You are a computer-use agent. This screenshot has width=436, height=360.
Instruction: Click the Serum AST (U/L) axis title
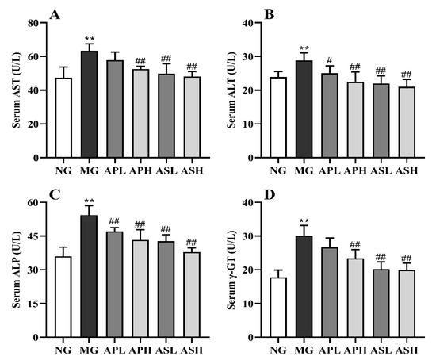[x=12, y=90]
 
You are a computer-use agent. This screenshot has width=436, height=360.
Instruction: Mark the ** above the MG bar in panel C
[x=90, y=203]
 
